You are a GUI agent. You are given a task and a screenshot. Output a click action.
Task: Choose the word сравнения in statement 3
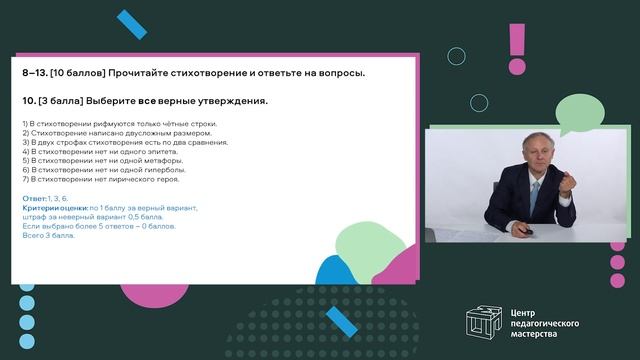pos(210,141)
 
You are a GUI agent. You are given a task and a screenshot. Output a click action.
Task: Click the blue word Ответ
pos(33,198)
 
